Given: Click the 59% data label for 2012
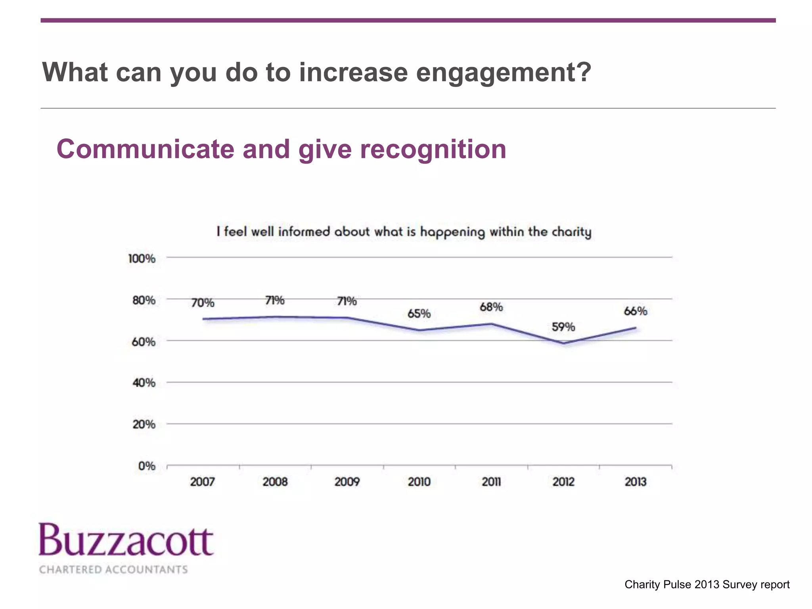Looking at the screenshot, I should pyautogui.click(x=563, y=327).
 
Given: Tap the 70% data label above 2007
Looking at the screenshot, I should pyautogui.click(x=203, y=303).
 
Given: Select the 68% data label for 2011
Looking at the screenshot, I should pyautogui.click(x=491, y=307).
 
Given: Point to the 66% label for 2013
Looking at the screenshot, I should pyautogui.click(x=636, y=311).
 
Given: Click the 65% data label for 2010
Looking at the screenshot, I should pyautogui.click(x=419, y=314).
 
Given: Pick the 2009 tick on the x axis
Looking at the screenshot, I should pyautogui.click(x=347, y=482).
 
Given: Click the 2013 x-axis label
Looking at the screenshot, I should pyautogui.click(x=636, y=482).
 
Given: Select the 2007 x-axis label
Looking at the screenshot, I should pyautogui.click(x=203, y=482).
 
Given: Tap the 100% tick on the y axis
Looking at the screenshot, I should pyautogui.click(x=142, y=259).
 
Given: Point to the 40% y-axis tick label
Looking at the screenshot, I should pyautogui.click(x=144, y=383).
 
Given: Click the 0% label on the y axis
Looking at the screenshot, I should pyautogui.click(x=146, y=466).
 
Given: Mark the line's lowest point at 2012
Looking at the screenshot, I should pyautogui.click(x=563, y=343).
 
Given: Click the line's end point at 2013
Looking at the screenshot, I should pyautogui.click(x=636, y=328).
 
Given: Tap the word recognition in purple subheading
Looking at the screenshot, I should pyautogui.click(x=433, y=149).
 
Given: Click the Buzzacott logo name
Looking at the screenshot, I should pyautogui.click(x=126, y=541).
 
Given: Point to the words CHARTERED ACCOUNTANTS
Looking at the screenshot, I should pyautogui.click(x=113, y=570).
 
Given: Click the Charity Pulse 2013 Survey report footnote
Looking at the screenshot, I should pyautogui.click(x=707, y=584).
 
